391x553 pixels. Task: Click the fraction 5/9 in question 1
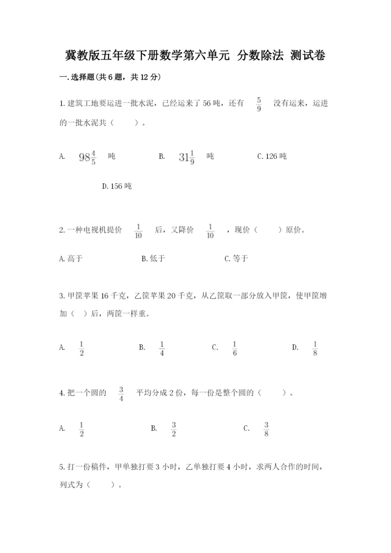click(259, 104)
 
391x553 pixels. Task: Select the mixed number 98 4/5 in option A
click(87, 157)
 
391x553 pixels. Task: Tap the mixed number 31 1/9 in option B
click(187, 157)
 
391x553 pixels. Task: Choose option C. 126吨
click(272, 157)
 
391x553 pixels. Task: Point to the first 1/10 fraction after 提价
click(138, 231)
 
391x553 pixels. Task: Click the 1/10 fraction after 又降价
click(211, 231)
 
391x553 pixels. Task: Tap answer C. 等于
click(236, 259)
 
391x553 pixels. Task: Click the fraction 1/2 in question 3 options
click(82, 348)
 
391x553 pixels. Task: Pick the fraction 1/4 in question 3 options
click(162, 348)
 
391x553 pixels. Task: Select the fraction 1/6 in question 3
click(235, 348)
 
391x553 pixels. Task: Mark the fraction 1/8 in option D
click(315, 348)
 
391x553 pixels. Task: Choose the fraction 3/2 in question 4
click(174, 429)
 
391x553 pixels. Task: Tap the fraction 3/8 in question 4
click(266, 429)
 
